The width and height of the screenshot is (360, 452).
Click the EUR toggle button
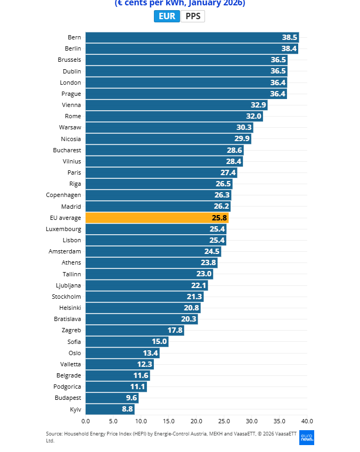click(167, 16)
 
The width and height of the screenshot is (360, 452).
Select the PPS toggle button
click(193, 16)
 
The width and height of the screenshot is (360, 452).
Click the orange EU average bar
click(157, 218)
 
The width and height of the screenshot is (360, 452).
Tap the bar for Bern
click(192, 37)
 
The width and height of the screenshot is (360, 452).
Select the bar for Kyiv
click(110, 409)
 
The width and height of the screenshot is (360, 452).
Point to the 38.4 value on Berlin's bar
click(289, 48)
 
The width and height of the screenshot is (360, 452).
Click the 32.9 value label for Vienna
click(258, 105)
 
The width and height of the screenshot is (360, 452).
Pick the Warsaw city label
click(70, 127)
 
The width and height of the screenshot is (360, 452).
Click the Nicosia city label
click(71, 139)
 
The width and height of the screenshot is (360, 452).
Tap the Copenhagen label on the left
click(63, 195)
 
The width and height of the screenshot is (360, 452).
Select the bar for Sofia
click(127, 342)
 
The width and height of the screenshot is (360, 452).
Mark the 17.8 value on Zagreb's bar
click(175, 330)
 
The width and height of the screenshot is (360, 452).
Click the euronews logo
click(307, 437)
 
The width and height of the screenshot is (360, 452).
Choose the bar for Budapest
click(112, 398)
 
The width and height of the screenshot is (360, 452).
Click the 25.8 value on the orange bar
click(219, 218)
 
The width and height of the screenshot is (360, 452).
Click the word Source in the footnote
click(54, 434)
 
